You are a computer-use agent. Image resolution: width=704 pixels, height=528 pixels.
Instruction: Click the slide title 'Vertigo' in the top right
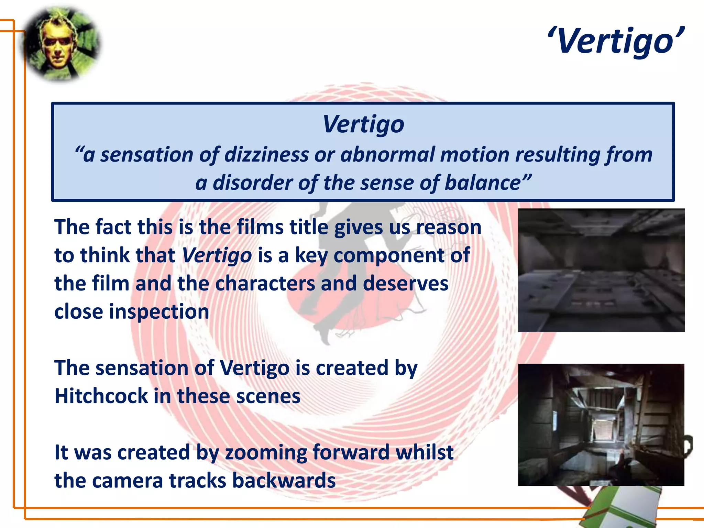[x=615, y=41]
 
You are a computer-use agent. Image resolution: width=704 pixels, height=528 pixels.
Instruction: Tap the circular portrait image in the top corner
[x=60, y=44]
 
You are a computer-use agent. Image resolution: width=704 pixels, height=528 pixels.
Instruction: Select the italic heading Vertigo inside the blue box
[x=363, y=124]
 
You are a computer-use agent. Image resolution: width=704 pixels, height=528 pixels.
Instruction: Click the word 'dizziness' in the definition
[x=266, y=155]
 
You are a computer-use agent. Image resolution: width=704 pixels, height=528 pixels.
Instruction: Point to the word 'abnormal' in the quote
[x=387, y=155]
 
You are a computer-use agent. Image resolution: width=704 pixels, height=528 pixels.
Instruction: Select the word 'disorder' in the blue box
[x=253, y=183]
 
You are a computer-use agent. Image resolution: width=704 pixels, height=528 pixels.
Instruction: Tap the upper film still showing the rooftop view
[x=601, y=270]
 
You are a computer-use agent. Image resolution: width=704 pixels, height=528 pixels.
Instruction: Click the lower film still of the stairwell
[x=601, y=425]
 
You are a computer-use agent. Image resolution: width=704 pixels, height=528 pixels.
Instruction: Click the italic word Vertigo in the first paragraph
[x=217, y=256]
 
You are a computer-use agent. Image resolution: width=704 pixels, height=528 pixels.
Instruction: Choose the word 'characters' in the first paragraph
[x=265, y=284]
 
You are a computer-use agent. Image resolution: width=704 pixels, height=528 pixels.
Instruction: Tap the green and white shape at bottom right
[x=619, y=509]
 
